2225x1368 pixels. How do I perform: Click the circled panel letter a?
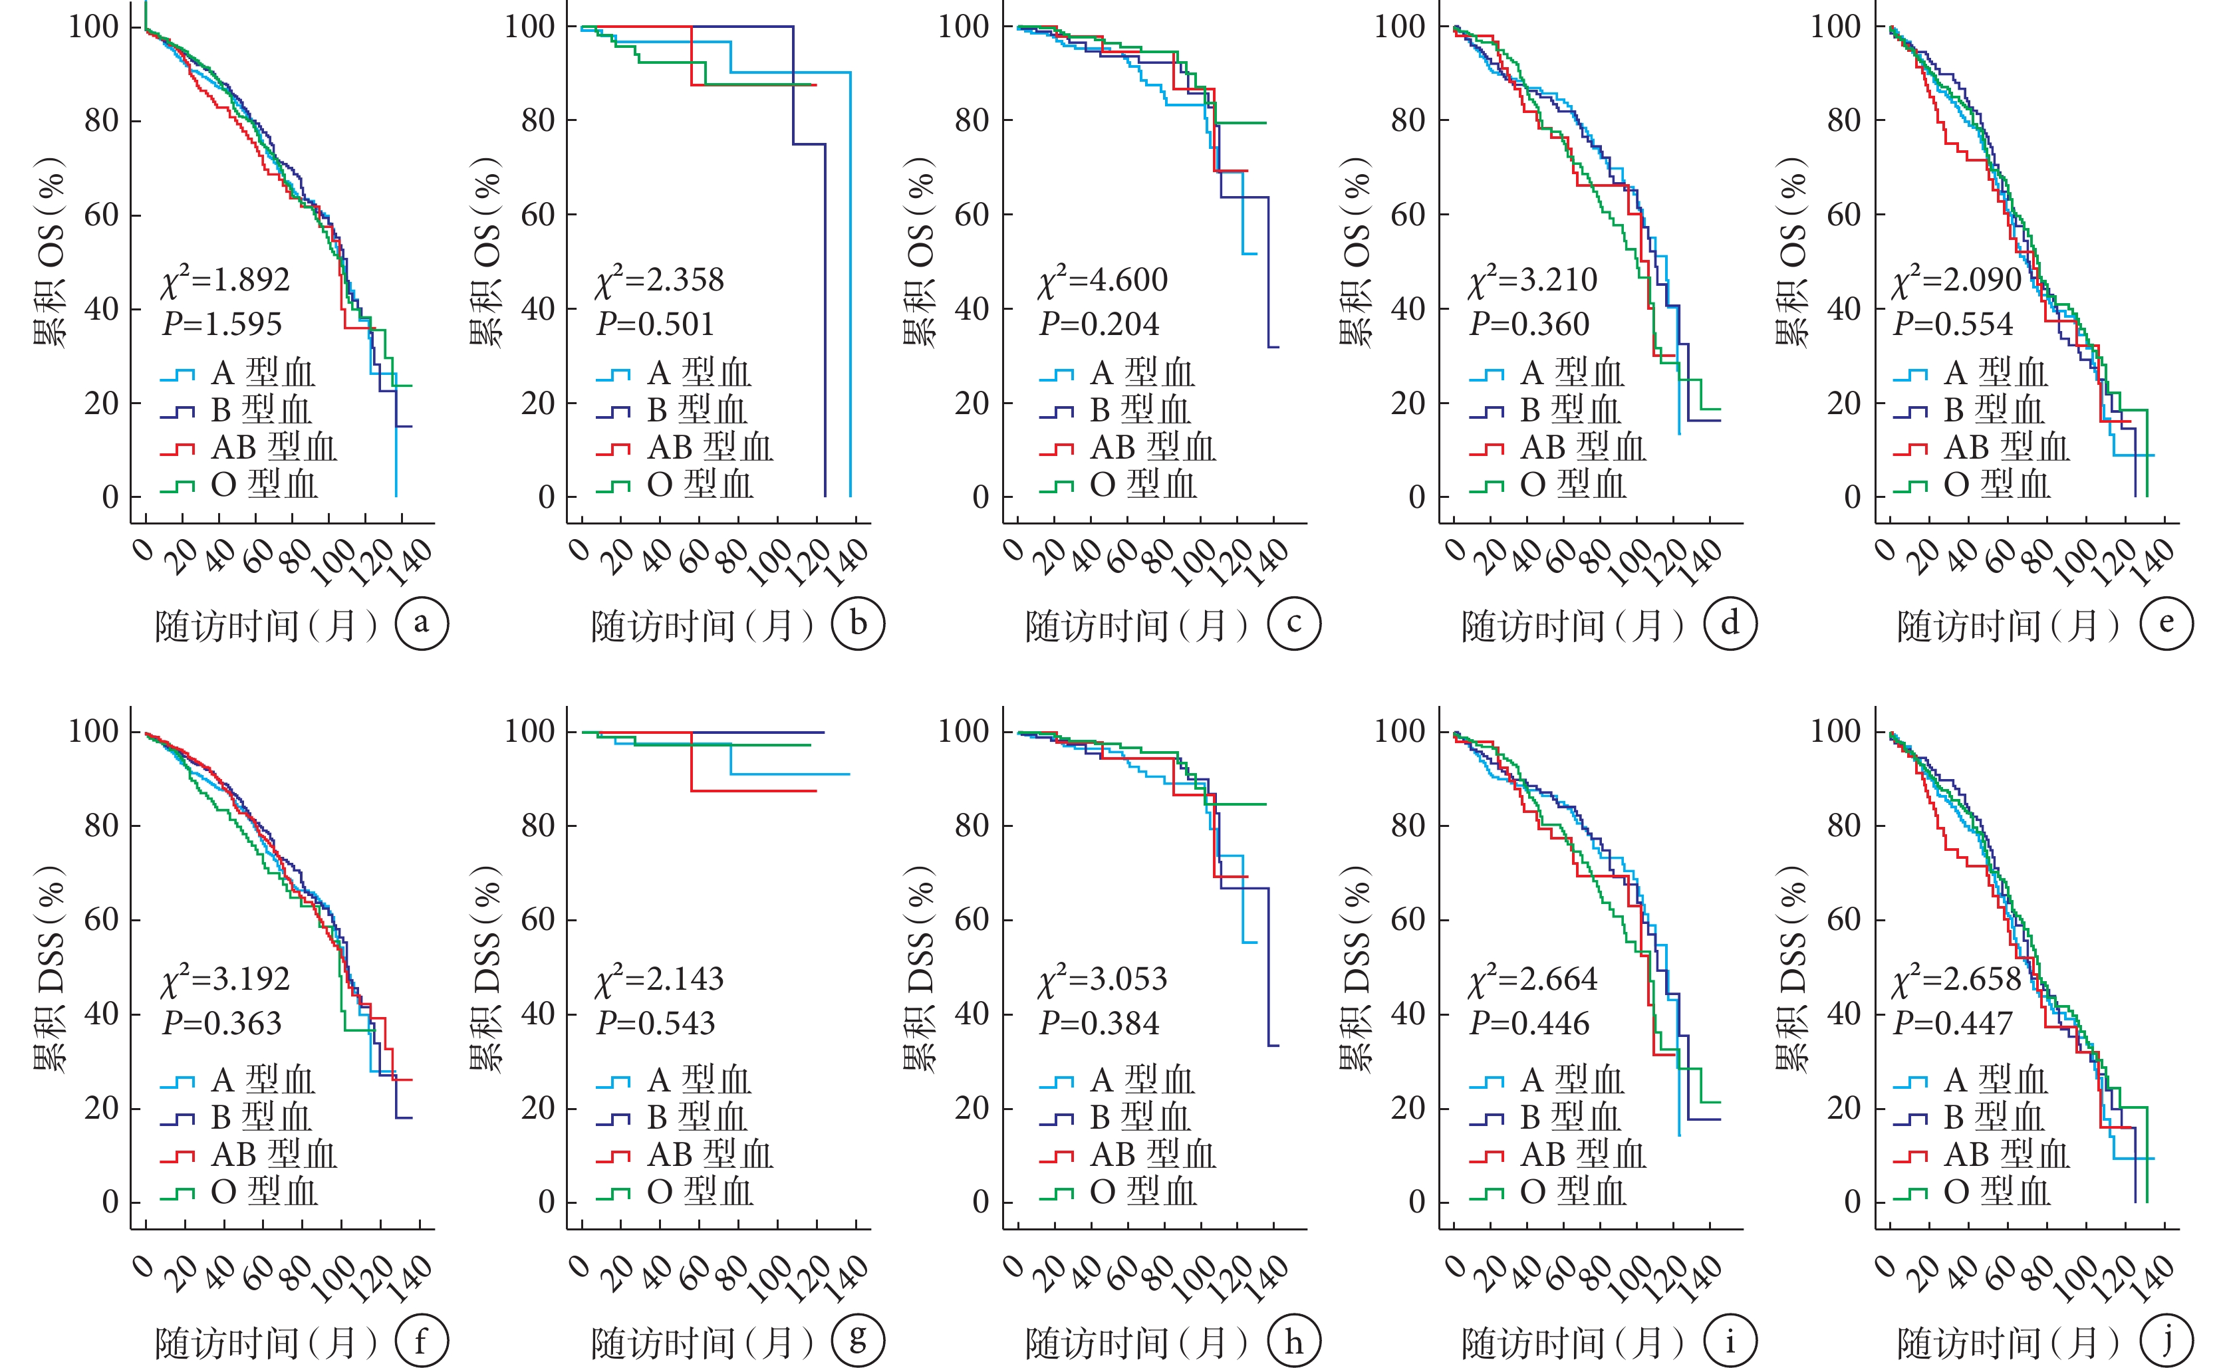click(422, 624)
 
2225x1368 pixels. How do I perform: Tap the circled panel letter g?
click(858, 1340)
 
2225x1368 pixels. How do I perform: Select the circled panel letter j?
click(2167, 1340)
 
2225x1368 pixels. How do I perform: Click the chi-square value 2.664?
click(1533, 980)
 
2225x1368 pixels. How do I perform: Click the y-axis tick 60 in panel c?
click(972, 215)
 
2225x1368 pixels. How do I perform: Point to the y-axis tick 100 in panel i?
click(1400, 731)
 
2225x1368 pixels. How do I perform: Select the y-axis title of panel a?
click(50, 253)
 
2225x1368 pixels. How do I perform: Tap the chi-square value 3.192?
click(226, 980)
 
